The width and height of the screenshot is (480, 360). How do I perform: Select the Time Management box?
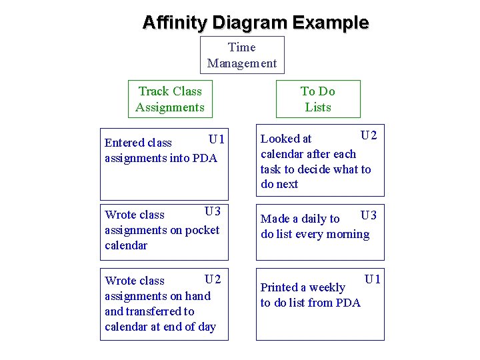[242, 55]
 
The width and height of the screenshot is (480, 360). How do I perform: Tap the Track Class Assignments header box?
[169, 99]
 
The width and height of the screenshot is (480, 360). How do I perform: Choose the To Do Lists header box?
[317, 99]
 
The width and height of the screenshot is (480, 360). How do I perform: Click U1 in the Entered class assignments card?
[217, 139]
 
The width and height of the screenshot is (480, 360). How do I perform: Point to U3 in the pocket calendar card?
[213, 211]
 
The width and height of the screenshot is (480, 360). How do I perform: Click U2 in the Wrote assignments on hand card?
[213, 278]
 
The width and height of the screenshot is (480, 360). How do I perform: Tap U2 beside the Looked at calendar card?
[369, 136]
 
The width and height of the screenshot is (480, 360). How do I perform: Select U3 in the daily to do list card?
[369, 215]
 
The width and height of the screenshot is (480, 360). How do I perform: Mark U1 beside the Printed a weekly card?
[372, 279]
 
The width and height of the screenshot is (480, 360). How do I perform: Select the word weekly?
[327, 287]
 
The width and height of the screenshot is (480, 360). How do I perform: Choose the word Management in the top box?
[242, 63]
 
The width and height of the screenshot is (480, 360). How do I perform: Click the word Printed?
[279, 287]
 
